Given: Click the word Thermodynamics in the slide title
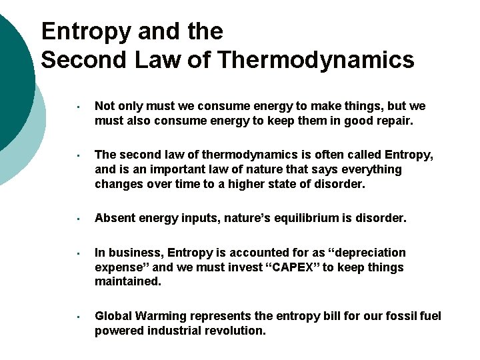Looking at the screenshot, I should [315, 60].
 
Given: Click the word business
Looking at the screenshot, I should [133, 253].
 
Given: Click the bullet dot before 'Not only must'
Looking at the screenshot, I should [79, 107].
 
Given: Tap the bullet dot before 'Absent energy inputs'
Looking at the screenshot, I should [79, 219].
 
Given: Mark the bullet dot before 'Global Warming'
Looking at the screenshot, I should [79, 317].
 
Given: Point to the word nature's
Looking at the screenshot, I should [259, 218].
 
